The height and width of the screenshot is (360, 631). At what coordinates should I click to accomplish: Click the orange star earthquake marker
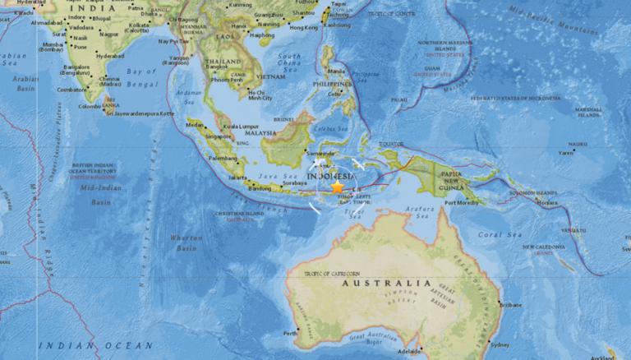(337, 188)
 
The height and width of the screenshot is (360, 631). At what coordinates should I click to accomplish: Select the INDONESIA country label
(329, 177)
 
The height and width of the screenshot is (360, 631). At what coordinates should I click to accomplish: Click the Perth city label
(290, 333)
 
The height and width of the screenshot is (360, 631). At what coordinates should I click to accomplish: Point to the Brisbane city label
(510, 304)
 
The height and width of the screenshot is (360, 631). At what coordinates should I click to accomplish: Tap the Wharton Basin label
(188, 242)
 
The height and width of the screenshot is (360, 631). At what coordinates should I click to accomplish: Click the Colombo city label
(90, 105)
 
